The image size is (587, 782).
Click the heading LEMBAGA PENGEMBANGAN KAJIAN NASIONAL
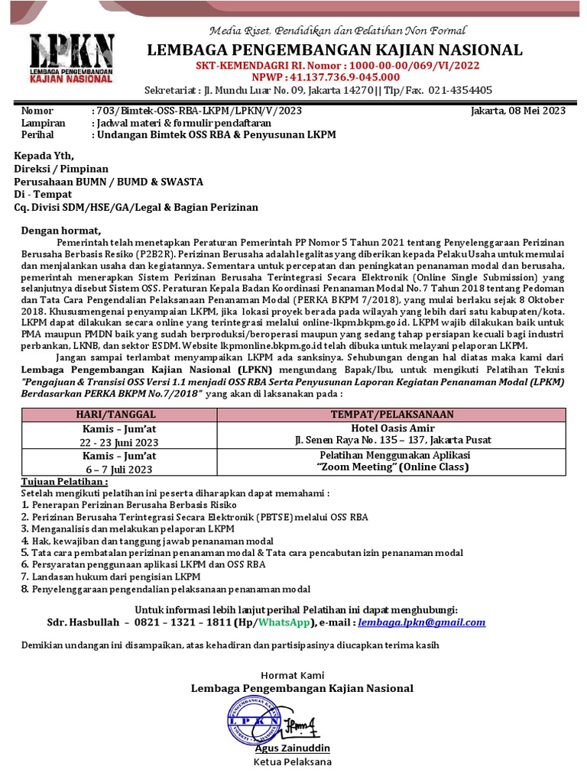coord(335,50)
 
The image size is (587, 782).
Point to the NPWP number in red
coord(334,76)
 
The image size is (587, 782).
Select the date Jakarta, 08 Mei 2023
coord(519,111)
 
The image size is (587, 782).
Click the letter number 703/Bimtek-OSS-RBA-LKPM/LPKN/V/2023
coord(196,111)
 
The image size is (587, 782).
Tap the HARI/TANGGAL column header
coord(125,414)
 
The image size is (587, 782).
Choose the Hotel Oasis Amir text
coord(393,428)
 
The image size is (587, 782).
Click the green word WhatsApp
coord(285,622)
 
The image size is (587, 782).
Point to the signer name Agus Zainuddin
coord(298,748)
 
